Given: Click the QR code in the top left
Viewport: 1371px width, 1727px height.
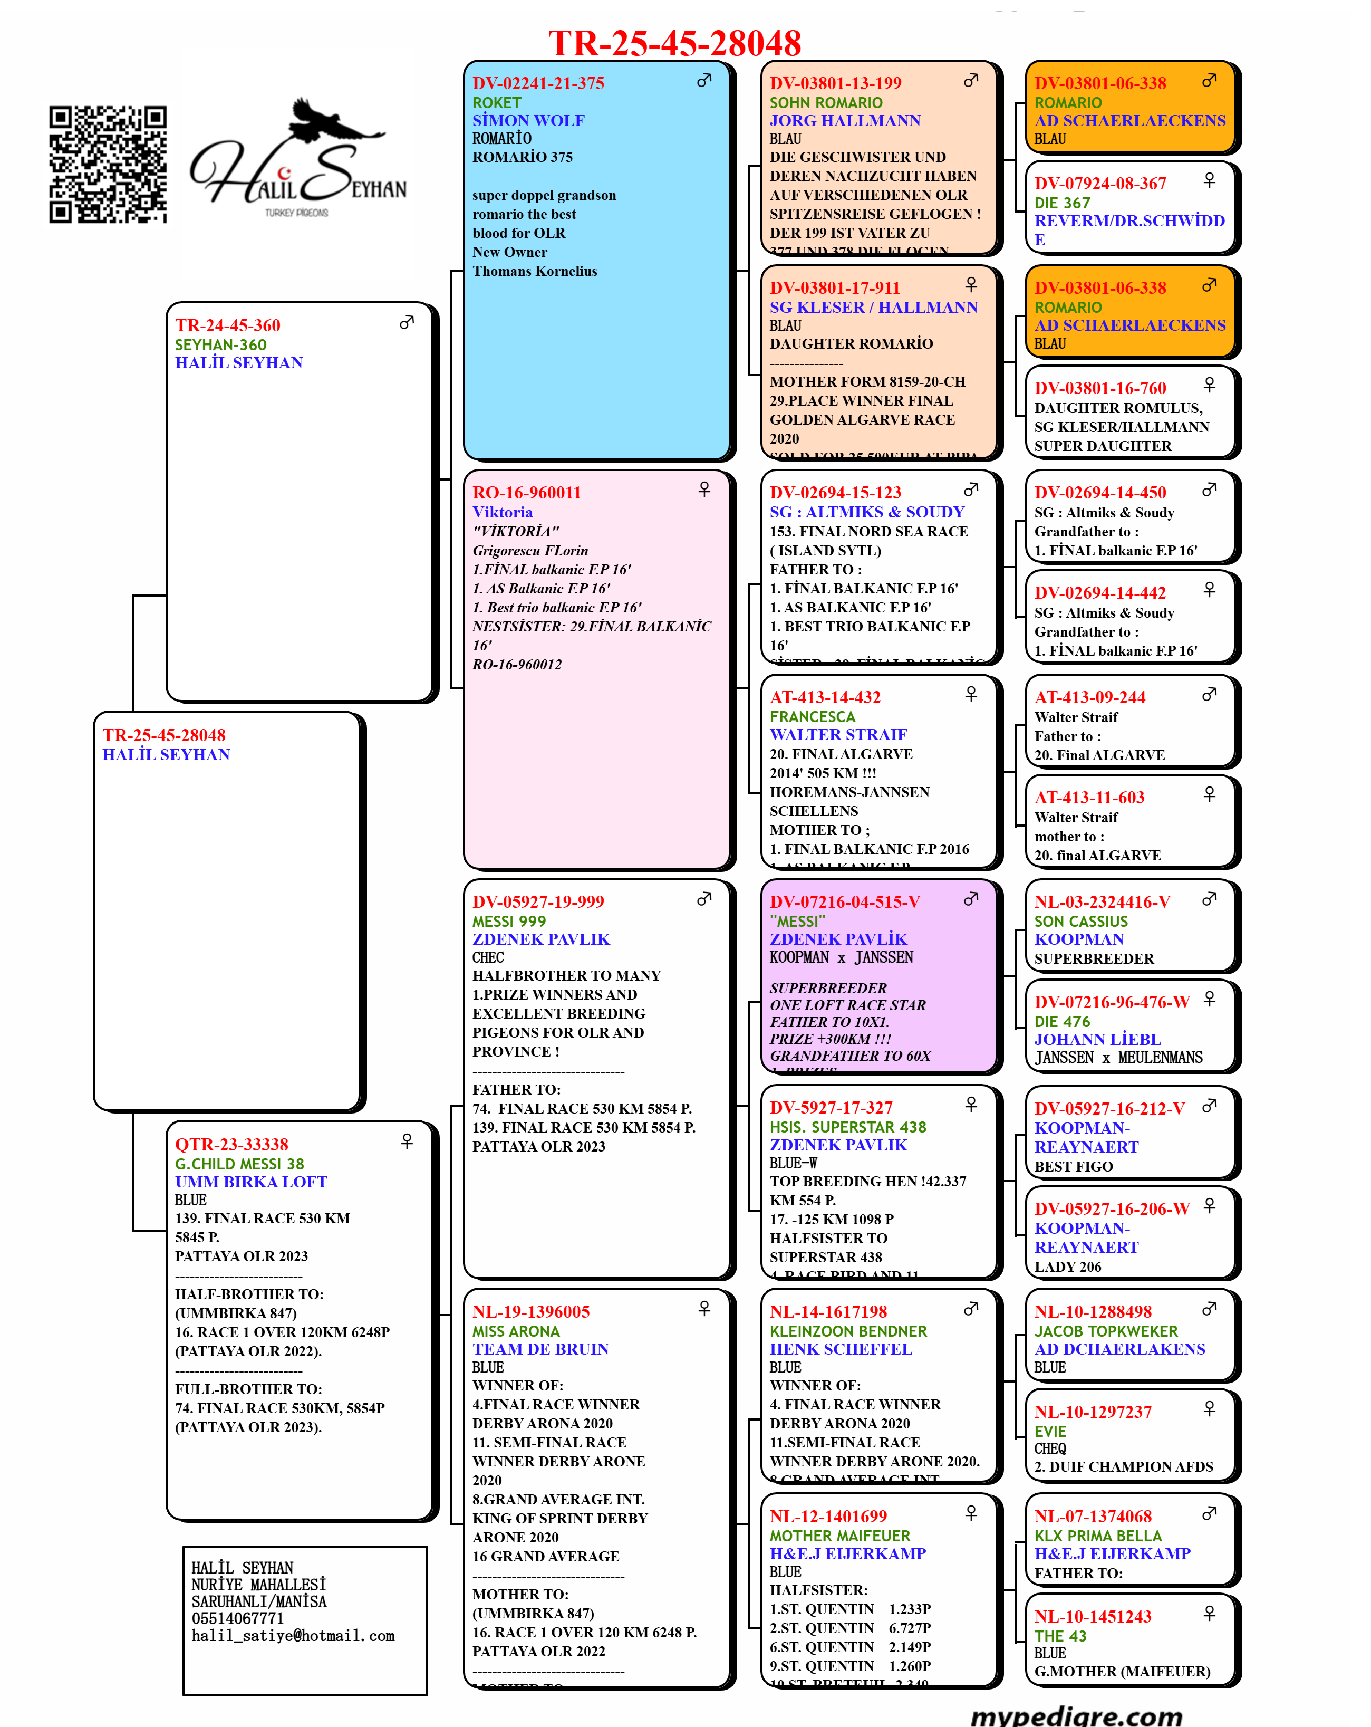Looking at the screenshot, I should [x=108, y=164].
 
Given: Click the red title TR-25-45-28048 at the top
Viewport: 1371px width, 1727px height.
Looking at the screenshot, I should [x=674, y=43].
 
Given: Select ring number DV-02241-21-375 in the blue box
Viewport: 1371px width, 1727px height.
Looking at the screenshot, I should [x=538, y=83].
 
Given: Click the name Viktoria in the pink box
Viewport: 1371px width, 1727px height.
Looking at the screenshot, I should [x=502, y=512].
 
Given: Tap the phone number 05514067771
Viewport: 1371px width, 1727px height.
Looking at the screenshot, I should [x=237, y=1618].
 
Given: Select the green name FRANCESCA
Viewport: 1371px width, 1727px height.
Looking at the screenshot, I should [x=812, y=717].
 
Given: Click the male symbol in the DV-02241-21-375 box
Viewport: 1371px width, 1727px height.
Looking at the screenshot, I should [x=704, y=80].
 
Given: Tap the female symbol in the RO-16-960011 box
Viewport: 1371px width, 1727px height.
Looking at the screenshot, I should [x=704, y=488].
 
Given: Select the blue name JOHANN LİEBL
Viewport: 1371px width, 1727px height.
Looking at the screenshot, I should [x=1097, y=1039].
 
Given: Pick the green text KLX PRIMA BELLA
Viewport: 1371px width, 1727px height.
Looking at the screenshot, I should [x=1097, y=1536].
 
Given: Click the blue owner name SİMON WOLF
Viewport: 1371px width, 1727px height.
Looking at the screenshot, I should [x=528, y=120].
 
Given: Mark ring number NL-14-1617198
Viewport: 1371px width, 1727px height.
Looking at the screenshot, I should [x=828, y=1311].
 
